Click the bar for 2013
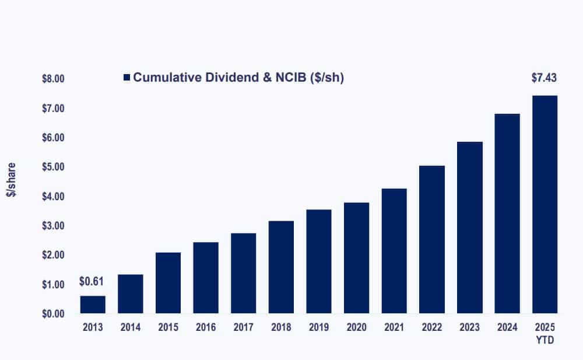(93, 305)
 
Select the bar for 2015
(168, 283)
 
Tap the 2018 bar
(281, 267)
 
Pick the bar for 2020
(356, 258)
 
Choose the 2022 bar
(431, 240)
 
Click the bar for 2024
(507, 214)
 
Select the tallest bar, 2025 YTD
(545, 204)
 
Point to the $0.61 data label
(92, 282)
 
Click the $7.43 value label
(544, 78)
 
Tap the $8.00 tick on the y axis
(53, 79)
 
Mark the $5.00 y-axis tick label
(53, 167)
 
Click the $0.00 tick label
(53, 314)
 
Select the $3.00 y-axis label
(53, 226)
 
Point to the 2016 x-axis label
(206, 327)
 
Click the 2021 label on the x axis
(394, 327)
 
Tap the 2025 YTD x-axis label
(545, 332)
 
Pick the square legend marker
(127, 78)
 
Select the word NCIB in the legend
(286, 78)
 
